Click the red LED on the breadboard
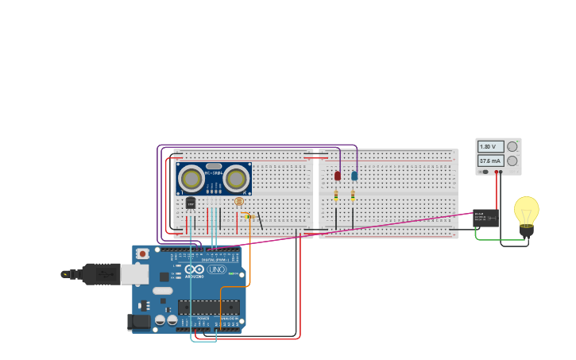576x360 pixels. pyautogui.click(x=337, y=176)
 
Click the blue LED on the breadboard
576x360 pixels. pyautogui.click(x=354, y=176)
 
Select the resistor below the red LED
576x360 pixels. pyautogui.click(x=336, y=195)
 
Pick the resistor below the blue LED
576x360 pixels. pyautogui.click(x=353, y=195)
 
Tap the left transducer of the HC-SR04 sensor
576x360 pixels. pyautogui.click(x=191, y=178)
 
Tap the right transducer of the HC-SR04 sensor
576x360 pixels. pyautogui.click(x=236, y=178)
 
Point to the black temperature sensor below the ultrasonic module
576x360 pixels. pyautogui.click(x=191, y=203)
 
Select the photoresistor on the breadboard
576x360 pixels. pyautogui.click(x=238, y=201)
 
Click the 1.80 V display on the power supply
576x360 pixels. pyautogui.click(x=490, y=147)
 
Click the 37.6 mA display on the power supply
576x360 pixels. pyautogui.click(x=490, y=161)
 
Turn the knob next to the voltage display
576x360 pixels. pyautogui.click(x=512, y=146)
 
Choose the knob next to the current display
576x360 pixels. pyautogui.click(x=512, y=161)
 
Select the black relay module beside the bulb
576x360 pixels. pyautogui.click(x=485, y=218)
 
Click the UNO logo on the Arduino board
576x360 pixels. pyautogui.click(x=216, y=269)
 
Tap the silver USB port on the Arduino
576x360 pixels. pyautogui.click(x=133, y=274)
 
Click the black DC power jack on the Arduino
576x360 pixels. pyautogui.click(x=138, y=322)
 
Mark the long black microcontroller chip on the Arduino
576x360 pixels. pyautogui.click(x=208, y=307)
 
